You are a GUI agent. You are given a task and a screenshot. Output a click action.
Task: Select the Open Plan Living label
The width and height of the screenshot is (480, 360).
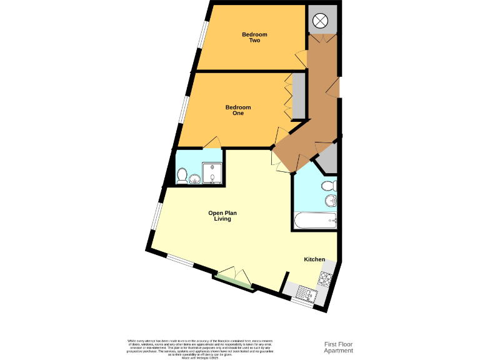pyautogui.click(x=222, y=216)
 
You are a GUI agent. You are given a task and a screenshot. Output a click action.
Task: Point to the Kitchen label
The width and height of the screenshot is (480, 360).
pyautogui.click(x=314, y=259)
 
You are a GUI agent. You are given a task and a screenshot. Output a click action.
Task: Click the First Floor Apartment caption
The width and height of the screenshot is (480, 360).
pyautogui.click(x=338, y=347)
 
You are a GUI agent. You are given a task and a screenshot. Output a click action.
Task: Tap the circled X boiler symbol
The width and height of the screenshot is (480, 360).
pyautogui.click(x=320, y=21)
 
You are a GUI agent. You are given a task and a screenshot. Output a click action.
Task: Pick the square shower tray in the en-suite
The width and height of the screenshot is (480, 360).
pyautogui.click(x=212, y=174)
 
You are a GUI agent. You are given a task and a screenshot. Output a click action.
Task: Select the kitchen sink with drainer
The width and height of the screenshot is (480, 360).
pyautogui.click(x=306, y=292)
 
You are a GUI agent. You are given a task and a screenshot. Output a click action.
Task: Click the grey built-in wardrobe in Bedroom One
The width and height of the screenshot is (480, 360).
pyautogui.click(x=299, y=96)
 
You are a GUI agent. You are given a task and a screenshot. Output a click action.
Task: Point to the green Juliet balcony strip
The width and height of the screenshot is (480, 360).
pyautogui.click(x=234, y=281)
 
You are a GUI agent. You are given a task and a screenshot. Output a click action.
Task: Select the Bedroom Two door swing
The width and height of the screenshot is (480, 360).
pyautogui.click(x=301, y=59)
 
